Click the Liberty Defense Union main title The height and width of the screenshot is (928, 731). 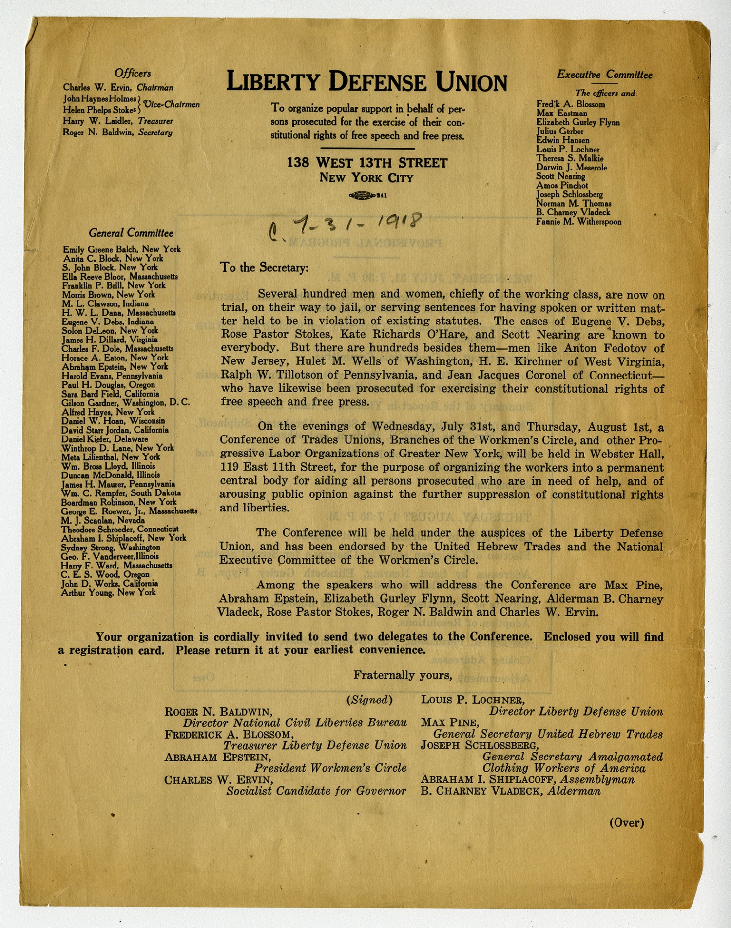[366, 82]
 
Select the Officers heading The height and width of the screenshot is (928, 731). [133, 74]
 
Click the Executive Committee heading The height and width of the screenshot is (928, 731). [604, 75]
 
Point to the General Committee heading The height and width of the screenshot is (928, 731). [131, 233]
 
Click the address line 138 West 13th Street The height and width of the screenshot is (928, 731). [366, 163]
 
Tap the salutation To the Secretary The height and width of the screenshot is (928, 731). [264, 267]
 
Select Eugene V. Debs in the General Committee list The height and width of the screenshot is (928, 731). [108, 322]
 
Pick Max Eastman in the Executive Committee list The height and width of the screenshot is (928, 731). [562, 113]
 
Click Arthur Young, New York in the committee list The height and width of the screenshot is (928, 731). [109, 592]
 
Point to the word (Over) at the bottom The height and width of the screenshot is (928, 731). [627, 823]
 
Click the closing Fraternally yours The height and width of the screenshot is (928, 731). [403, 675]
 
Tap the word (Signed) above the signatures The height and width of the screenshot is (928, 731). [369, 700]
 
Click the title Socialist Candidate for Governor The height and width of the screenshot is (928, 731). [316, 791]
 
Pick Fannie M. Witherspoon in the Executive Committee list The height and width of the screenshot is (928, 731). [578, 222]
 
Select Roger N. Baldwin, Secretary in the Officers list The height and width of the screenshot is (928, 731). [117, 133]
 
